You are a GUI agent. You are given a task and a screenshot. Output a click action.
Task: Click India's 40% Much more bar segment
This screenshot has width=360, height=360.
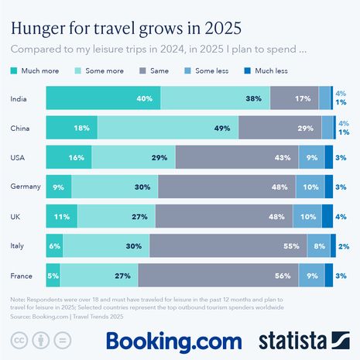103,98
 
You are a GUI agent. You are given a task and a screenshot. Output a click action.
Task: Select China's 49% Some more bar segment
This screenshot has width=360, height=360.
168,128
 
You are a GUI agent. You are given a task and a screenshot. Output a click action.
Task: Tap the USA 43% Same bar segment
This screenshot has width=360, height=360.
236,157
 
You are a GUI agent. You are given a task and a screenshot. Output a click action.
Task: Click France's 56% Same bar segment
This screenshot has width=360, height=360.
231,275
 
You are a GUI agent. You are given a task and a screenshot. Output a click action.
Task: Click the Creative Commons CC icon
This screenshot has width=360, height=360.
18,340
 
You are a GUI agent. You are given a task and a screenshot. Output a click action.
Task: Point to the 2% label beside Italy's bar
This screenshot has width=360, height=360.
343,245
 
